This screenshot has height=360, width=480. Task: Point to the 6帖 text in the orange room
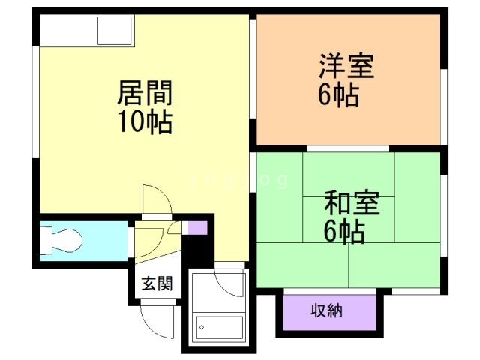[x=337, y=96]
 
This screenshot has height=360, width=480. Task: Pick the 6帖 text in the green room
[x=344, y=232]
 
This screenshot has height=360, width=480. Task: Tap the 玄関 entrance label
[x=157, y=283]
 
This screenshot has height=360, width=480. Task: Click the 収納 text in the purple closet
[x=327, y=310]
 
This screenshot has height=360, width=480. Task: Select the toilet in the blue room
[x=64, y=241]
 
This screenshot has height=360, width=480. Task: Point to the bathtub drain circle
[x=202, y=328]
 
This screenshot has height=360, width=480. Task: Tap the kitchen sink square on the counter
[x=114, y=31]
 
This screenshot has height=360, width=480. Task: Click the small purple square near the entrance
[x=197, y=228]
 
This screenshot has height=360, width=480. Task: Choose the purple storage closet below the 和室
[x=327, y=310]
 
